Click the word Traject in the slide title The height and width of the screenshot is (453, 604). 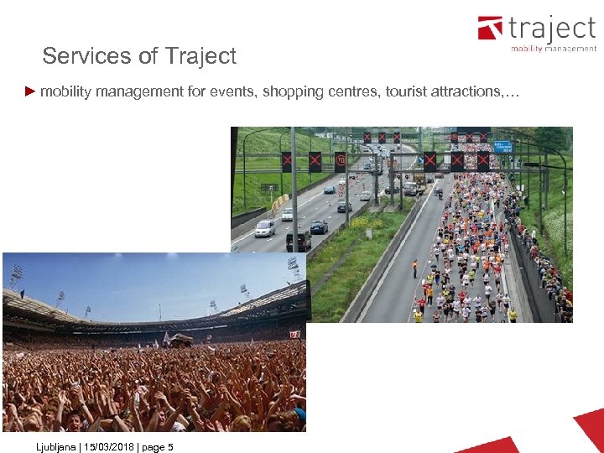200,56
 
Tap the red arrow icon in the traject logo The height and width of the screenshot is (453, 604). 490,29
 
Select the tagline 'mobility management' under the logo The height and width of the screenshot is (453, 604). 554,49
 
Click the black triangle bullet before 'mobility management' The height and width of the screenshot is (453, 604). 30,91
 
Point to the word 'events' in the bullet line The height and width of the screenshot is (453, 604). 232,91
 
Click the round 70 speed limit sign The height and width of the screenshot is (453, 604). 340,159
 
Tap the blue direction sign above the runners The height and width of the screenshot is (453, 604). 502,146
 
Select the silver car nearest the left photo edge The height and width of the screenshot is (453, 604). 264,228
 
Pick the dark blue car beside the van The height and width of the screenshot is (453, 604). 319,226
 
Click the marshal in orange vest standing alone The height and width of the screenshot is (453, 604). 414,268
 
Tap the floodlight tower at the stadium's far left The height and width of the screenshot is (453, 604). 16,276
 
